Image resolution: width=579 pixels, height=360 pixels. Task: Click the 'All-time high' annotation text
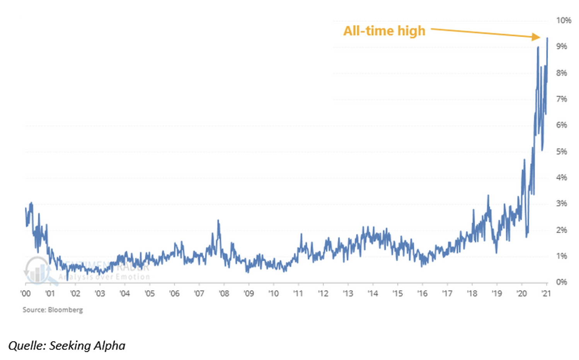(x=384, y=31)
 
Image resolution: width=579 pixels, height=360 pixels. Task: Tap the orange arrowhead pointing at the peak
(x=536, y=37)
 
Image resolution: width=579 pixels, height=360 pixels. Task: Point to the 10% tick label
(x=564, y=20)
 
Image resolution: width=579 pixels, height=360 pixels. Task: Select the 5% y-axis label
(x=562, y=151)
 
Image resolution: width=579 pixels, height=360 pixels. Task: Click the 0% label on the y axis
(x=562, y=282)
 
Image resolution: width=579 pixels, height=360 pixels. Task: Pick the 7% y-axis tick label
(x=562, y=99)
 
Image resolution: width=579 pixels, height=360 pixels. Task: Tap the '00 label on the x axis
(x=26, y=294)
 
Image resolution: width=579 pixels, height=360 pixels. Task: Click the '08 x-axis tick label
(x=224, y=294)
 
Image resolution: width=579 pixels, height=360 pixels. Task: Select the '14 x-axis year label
(x=373, y=294)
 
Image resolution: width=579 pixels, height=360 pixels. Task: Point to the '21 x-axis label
(x=546, y=294)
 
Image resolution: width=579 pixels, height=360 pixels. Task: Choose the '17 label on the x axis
(x=447, y=294)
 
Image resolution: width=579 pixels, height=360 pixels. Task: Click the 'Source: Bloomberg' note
(x=53, y=310)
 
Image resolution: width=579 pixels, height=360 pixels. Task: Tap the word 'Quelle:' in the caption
(x=27, y=346)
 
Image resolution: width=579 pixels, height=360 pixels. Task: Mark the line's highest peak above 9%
(x=547, y=38)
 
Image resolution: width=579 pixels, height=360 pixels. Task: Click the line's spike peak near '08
(x=218, y=221)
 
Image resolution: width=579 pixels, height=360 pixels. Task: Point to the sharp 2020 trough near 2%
(x=526, y=236)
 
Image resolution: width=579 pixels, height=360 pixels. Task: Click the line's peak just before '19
(x=488, y=195)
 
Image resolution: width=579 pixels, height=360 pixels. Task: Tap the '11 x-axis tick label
(x=298, y=294)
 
